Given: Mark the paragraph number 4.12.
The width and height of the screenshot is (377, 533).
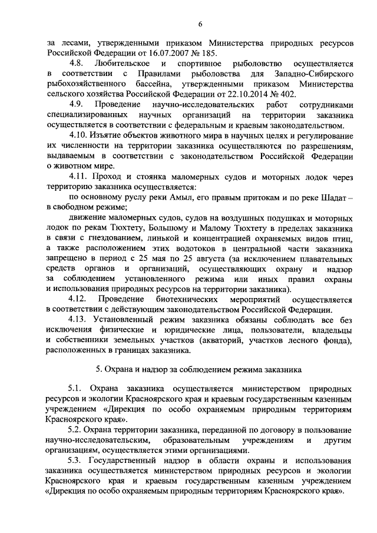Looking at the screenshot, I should [79, 299].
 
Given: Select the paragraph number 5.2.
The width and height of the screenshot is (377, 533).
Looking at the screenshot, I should [78, 430].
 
